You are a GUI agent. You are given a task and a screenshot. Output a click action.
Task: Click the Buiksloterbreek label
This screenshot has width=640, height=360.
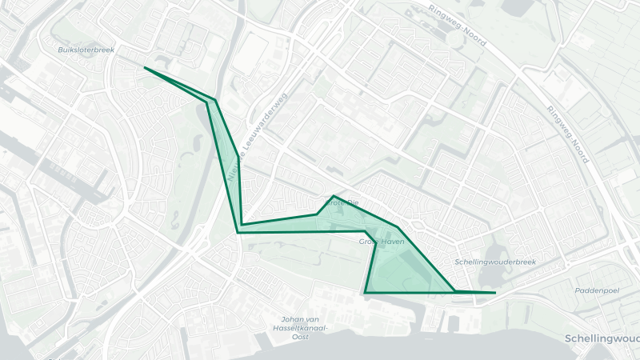pos(86,50)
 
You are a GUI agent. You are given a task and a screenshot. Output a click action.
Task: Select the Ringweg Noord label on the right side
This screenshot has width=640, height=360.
pos(569,131)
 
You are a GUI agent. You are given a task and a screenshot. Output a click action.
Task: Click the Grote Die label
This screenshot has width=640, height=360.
pos(345,203)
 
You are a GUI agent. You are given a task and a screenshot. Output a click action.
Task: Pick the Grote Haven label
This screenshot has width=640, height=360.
pos(381,241)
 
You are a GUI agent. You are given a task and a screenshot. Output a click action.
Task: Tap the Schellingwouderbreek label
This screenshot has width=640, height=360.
pos(494,262)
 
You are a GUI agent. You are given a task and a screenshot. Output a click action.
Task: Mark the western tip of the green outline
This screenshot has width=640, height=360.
pos(145,68)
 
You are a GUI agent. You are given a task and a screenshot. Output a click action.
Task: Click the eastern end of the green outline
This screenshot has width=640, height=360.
pos(495,293)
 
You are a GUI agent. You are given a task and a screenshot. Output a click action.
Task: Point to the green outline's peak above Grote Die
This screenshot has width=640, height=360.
pos(334,196)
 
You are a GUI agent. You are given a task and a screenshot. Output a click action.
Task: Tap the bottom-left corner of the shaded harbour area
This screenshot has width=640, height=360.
pos(365,293)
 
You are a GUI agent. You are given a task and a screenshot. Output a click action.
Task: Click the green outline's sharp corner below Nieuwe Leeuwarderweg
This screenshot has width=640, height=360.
pos(238,232)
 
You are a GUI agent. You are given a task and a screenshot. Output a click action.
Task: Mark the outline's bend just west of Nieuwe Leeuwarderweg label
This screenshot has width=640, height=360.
pos(214,102)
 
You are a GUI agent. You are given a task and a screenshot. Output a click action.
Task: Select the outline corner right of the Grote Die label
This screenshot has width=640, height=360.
pos(398,227)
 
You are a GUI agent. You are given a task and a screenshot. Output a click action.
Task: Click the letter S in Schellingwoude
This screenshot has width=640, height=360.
pos(567,338)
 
